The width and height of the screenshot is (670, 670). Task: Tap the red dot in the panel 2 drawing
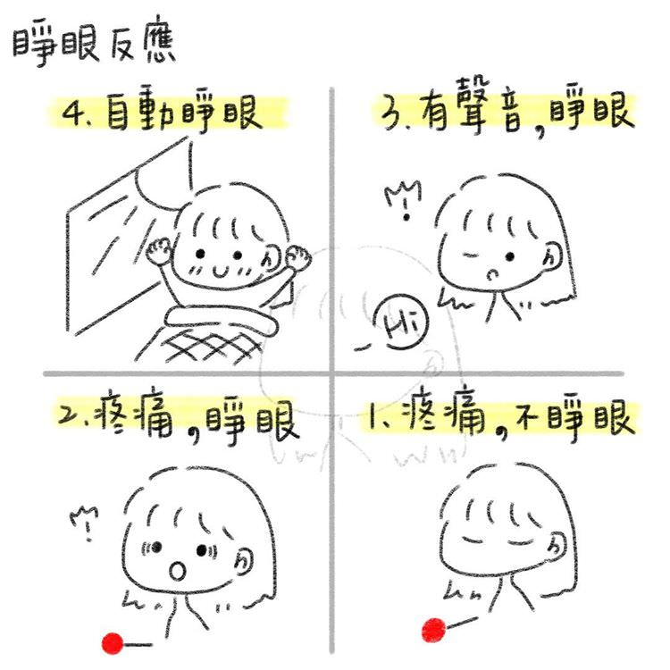point(113,641)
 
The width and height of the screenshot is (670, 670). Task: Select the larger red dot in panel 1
point(432,631)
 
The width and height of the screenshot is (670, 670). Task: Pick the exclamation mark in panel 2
point(88,524)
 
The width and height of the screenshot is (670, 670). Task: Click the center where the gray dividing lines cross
point(331,373)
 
